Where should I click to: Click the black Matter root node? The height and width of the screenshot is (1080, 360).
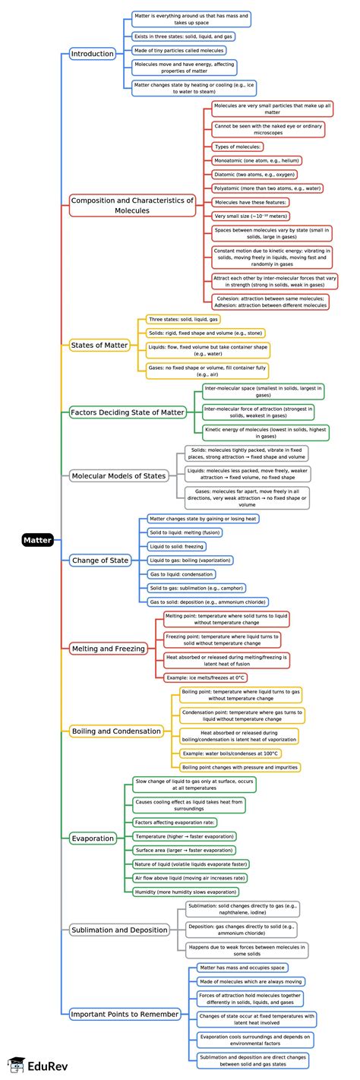pos(37,540)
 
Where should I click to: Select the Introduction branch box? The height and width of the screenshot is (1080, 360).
pos(92,54)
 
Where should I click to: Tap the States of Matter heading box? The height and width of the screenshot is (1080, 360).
pos(99,345)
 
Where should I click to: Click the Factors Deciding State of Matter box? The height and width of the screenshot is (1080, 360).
pos(128,412)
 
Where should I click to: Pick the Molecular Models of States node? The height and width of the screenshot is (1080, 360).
pos(118,476)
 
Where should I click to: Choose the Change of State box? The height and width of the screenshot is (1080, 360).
pos(99,561)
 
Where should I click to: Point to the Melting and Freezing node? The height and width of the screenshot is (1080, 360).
pos(107,648)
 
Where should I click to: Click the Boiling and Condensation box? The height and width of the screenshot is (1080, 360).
pos(116,731)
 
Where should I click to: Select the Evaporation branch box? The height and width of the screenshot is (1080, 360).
pos(92,838)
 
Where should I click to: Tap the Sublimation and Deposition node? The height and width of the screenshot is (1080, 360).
pos(118,930)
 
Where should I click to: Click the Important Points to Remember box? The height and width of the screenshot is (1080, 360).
pos(125,1013)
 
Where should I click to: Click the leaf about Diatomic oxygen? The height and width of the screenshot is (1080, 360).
pos(257,174)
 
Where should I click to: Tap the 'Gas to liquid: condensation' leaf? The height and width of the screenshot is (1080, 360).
pos(182,574)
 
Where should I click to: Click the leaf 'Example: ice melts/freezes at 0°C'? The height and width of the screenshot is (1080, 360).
pos(206,677)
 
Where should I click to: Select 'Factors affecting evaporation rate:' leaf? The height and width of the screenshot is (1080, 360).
pos(175,823)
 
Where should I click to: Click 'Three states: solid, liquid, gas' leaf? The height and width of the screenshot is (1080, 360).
pos(184,320)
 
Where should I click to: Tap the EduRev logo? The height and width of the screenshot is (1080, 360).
pos(29,1065)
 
